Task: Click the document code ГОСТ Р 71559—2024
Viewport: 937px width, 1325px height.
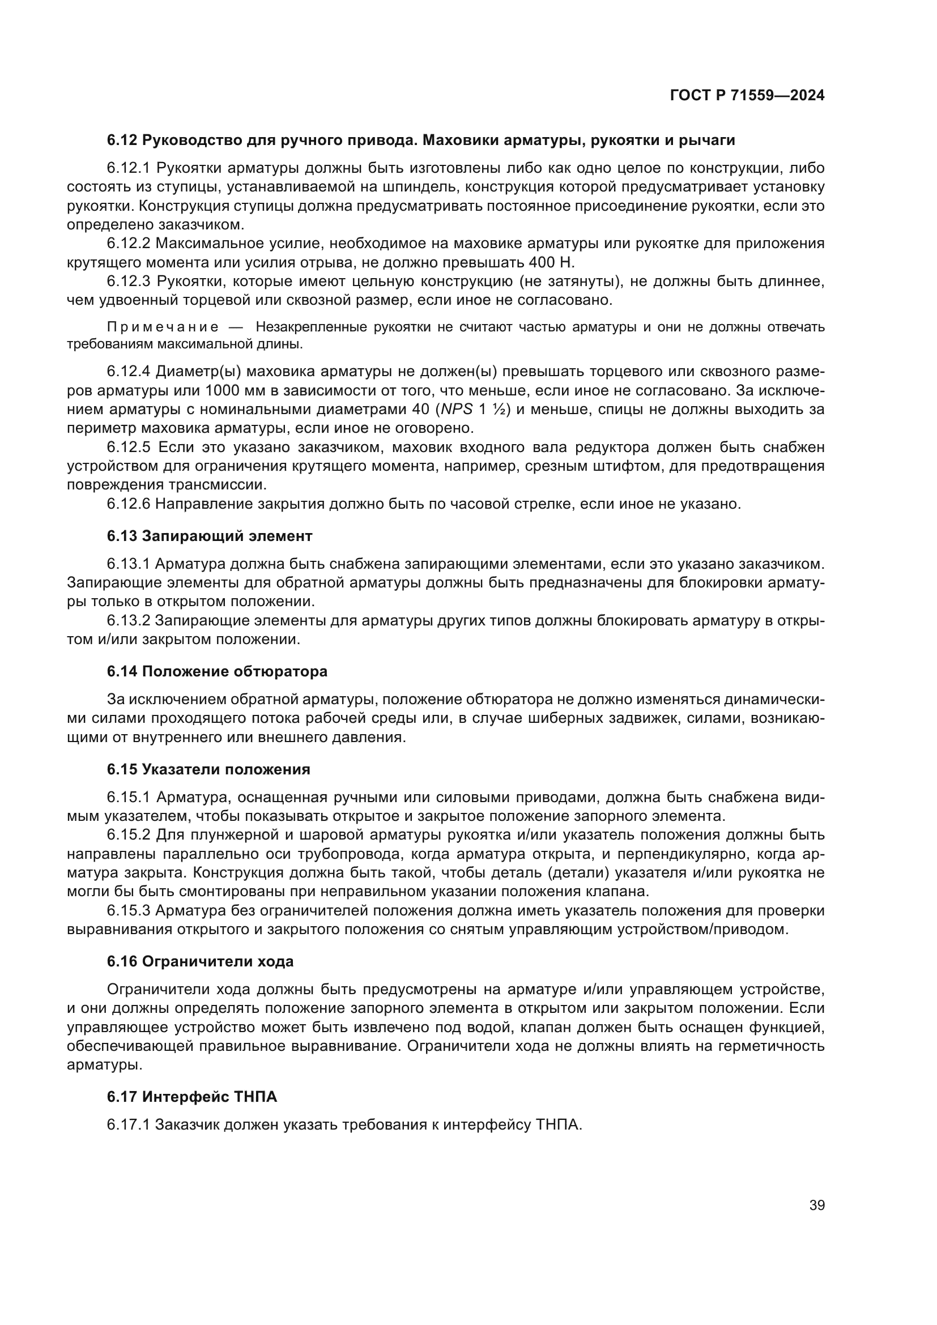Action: (747, 96)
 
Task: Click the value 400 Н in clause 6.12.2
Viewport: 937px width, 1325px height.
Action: (552, 263)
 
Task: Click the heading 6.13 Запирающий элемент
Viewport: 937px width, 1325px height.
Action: (210, 536)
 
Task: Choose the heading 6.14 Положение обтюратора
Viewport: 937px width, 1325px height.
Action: (217, 671)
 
